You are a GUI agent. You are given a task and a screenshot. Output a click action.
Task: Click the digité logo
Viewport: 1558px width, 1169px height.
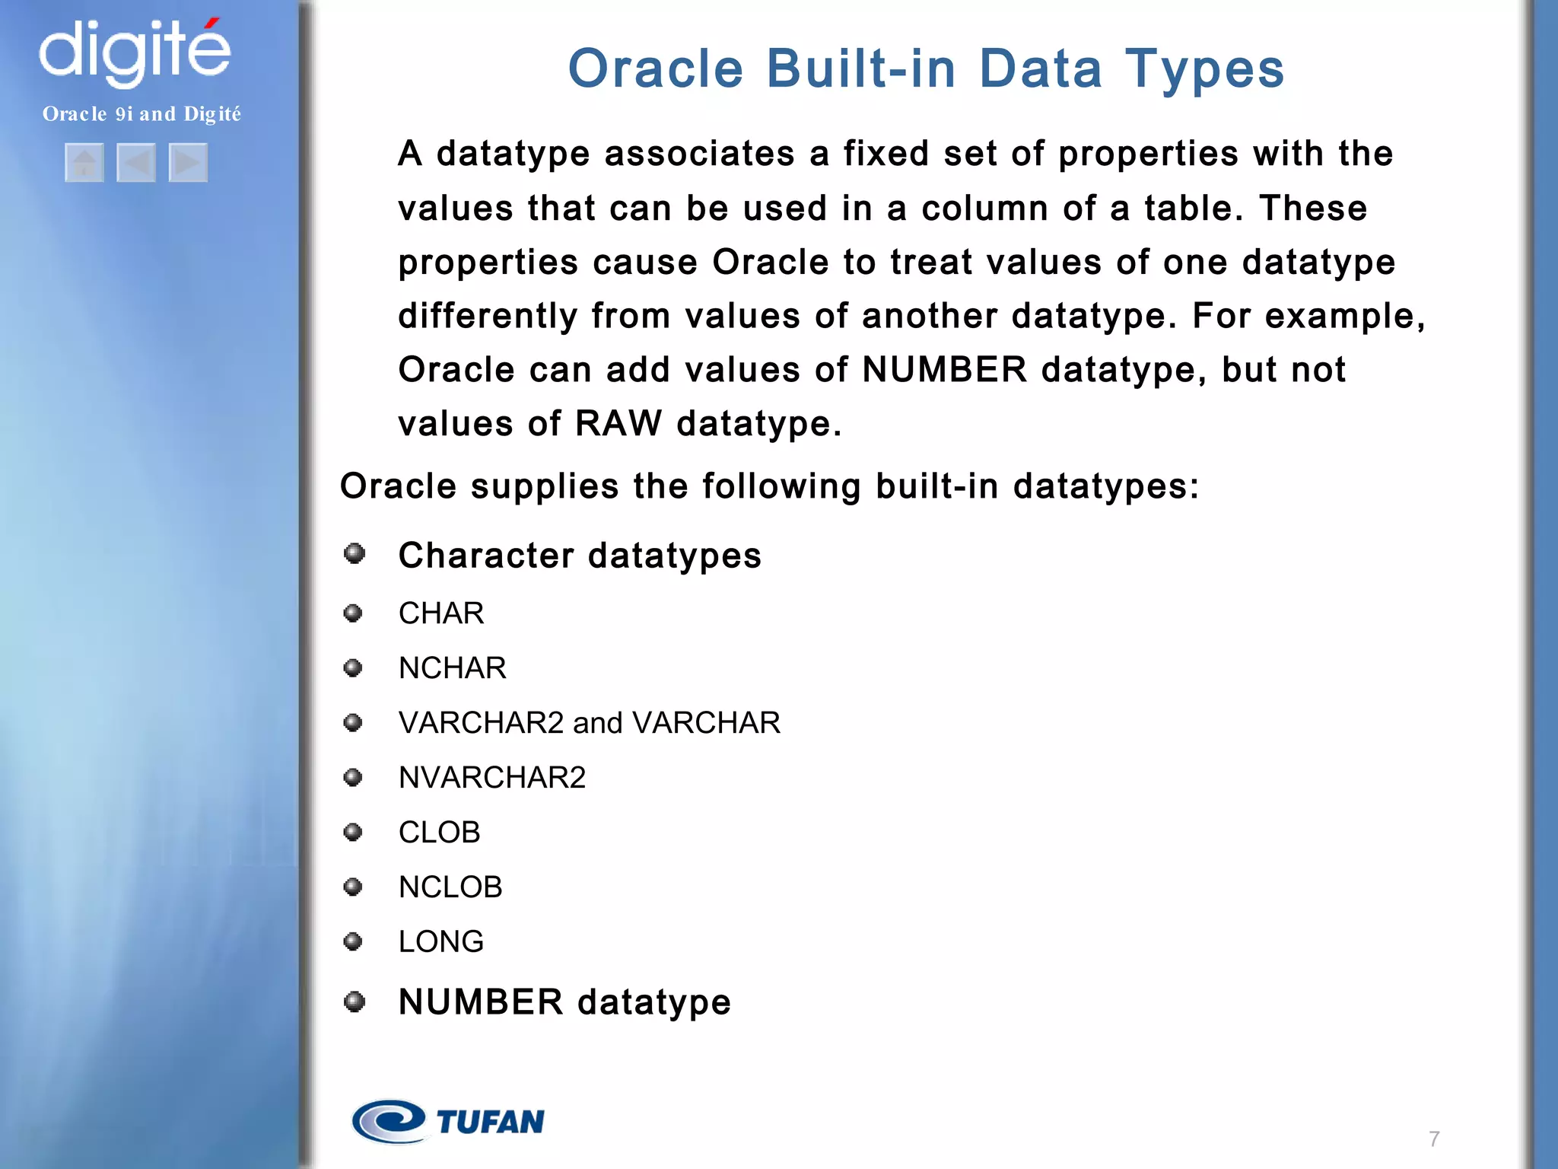135,52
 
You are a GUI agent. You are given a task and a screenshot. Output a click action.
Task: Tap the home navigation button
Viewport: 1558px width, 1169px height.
84,162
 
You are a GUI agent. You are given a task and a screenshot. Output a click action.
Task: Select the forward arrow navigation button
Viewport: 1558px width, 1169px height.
188,162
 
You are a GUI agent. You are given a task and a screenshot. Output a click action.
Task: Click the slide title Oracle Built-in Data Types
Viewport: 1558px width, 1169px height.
926,68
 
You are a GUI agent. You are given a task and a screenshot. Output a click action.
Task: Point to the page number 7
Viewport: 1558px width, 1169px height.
1434,1139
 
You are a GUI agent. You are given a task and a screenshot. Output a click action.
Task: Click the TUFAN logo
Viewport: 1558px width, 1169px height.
449,1121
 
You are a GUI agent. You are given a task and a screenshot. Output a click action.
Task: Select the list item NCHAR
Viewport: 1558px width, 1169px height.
452,668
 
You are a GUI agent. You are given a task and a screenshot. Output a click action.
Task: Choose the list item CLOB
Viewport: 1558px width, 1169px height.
439,833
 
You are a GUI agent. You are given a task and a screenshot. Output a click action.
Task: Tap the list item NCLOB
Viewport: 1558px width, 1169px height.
450,887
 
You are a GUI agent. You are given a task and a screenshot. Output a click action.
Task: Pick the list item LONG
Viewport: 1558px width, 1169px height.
440,942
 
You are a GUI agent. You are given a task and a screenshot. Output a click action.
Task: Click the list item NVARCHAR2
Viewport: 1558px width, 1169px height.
491,778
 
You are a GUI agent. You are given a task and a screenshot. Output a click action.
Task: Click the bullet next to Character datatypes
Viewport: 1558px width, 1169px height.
355,553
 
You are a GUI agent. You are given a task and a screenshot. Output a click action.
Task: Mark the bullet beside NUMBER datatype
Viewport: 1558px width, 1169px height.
355,1002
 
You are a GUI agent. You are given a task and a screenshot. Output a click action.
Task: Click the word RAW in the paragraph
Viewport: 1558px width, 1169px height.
618,423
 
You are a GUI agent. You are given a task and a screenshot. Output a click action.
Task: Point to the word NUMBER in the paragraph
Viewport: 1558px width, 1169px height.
944,370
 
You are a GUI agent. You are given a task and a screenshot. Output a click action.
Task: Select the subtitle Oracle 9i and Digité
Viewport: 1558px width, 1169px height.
141,114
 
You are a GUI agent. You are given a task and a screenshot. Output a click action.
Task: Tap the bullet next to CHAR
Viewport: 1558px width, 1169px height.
353,613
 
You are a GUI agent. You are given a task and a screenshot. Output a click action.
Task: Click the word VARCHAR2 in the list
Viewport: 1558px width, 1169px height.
481,723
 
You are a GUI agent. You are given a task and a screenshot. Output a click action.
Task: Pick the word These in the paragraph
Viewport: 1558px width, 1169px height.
1312,209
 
